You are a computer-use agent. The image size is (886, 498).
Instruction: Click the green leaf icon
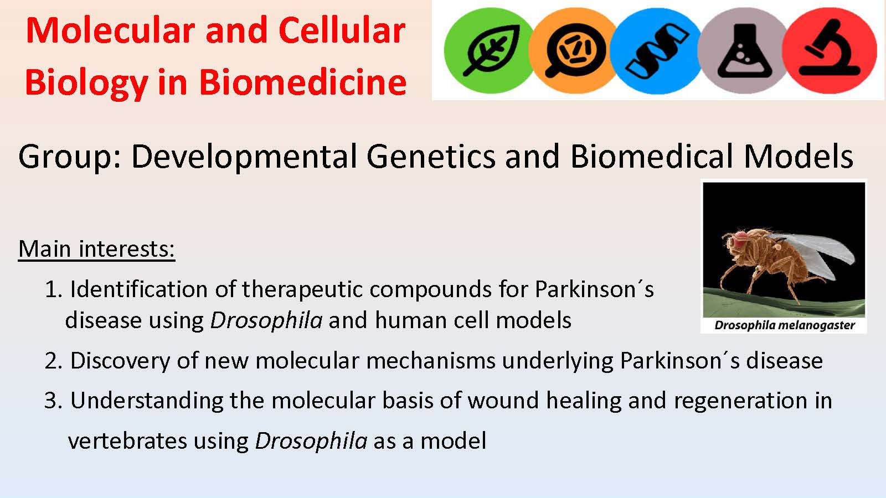coord(490,50)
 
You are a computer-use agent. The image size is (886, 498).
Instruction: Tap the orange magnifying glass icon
coord(574,50)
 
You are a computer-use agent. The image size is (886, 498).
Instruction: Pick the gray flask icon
coord(744,50)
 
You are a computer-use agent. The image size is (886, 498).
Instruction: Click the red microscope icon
coord(830,50)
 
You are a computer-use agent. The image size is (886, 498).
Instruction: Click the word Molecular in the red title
coord(110,30)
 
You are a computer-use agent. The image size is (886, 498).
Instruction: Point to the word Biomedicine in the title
coord(302,82)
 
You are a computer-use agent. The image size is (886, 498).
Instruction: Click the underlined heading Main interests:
coord(96,249)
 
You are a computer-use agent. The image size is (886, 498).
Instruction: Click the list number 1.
coord(53,289)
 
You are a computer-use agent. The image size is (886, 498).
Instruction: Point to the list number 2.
coord(53,361)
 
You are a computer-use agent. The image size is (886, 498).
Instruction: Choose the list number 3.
coord(53,401)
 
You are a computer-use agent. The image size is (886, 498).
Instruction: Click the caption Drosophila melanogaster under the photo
coord(784,325)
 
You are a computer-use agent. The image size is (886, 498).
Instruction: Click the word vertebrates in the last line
coord(127,441)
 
